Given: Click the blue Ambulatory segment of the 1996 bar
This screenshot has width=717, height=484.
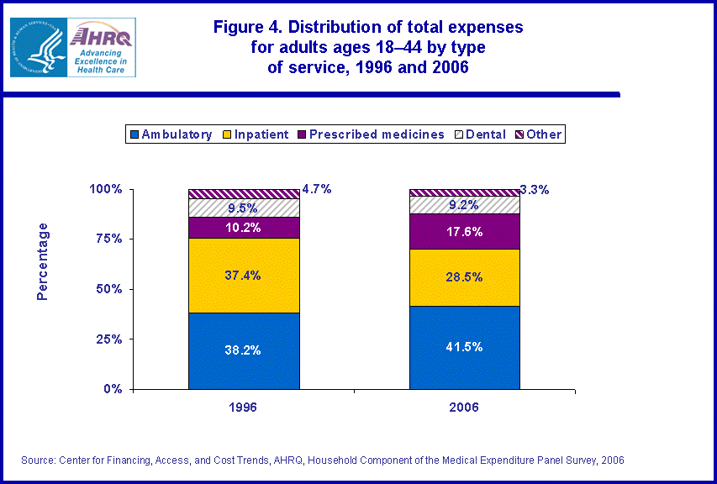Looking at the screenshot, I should coord(244,351).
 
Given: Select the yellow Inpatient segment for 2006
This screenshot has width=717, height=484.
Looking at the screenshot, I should coord(464,278).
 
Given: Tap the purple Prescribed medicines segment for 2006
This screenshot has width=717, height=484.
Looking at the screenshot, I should coord(464,232).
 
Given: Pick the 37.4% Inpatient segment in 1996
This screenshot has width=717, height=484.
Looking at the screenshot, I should coord(244,276).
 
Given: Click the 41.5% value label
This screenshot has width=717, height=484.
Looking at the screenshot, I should coord(464,346).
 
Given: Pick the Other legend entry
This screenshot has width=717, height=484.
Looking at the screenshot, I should coord(538,134).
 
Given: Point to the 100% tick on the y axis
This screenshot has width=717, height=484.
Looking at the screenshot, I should coord(106,189).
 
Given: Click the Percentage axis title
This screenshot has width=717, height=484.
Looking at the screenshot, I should coord(43,261).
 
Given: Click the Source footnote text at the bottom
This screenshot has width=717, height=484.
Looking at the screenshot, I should coord(323,460).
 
